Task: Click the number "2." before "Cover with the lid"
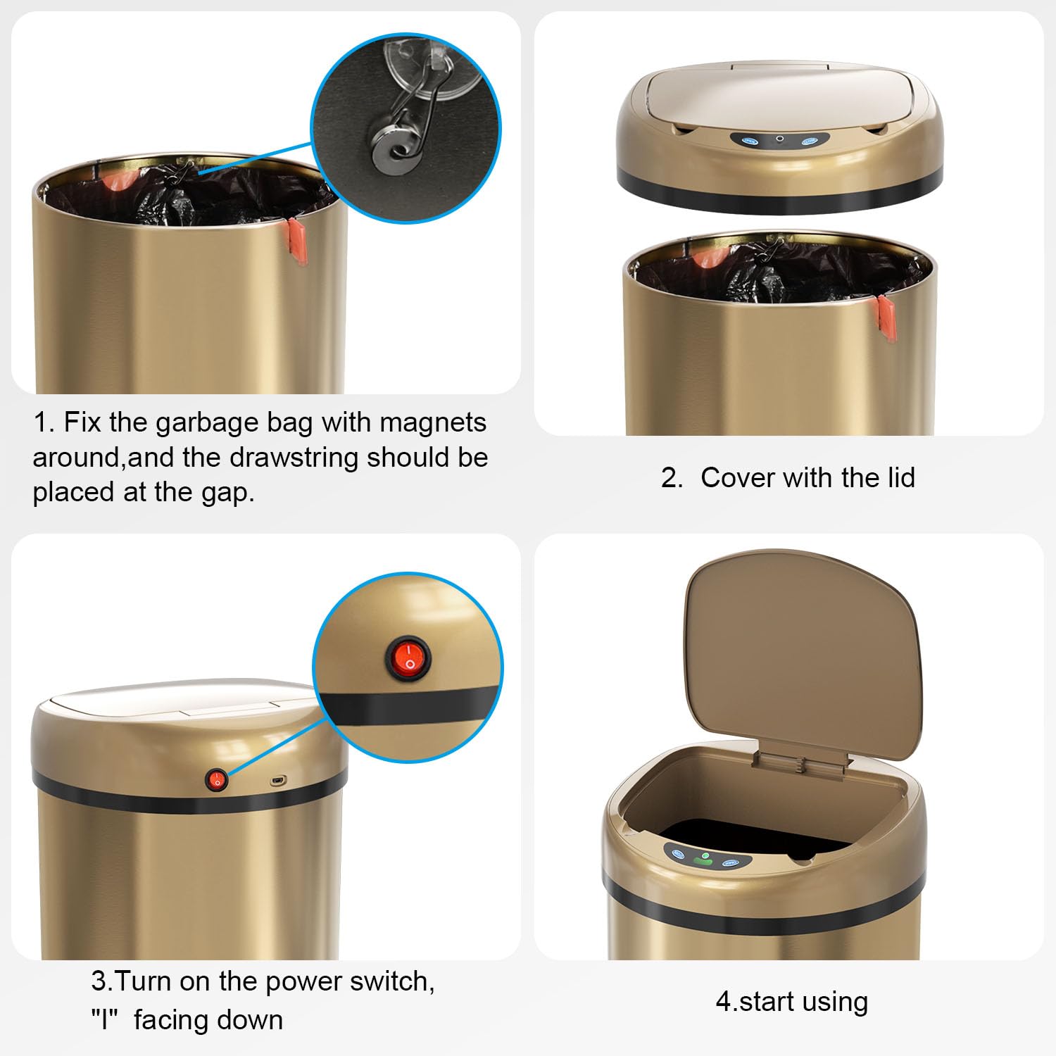click(672, 478)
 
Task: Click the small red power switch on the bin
click(217, 779)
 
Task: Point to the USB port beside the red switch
click(278, 781)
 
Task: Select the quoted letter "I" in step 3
click(105, 1020)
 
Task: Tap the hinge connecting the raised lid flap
click(800, 763)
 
